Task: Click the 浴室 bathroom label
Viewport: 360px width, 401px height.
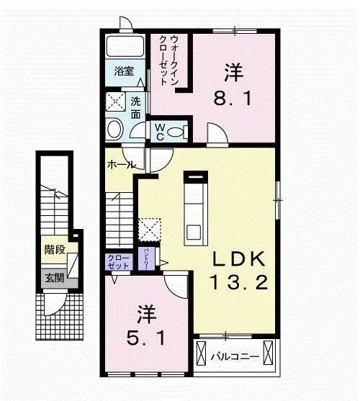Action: [124, 71]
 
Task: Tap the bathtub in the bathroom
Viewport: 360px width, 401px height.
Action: [124, 48]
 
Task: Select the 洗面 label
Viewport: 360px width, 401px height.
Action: [136, 105]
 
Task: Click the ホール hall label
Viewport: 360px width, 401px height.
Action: [120, 164]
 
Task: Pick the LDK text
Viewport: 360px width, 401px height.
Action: [239, 258]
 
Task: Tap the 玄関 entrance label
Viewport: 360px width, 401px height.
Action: [54, 277]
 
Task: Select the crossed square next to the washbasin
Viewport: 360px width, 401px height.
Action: [116, 102]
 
